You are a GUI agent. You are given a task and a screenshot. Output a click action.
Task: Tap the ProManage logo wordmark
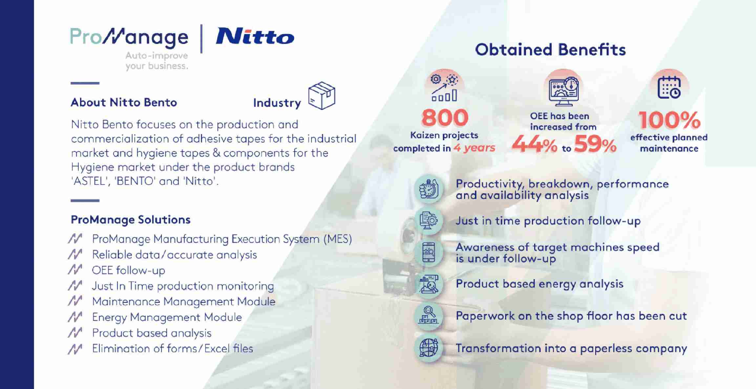tap(129, 37)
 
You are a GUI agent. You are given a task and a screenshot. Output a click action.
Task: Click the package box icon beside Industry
tap(322, 95)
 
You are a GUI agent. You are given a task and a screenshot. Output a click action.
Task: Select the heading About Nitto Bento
tap(124, 102)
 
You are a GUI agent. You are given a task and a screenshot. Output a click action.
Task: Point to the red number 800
tap(445, 117)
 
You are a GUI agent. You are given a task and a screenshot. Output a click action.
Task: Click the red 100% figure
tap(669, 120)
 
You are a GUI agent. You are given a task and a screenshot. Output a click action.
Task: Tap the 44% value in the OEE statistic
tap(535, 145)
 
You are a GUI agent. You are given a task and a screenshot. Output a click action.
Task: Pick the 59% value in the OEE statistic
tap(595, 145)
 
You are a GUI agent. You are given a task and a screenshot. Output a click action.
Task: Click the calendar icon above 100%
tap(669, 87)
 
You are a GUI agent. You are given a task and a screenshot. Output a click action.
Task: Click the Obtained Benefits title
tap(550, 50)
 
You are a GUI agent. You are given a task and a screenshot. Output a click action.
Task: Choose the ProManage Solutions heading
tap(131, 219)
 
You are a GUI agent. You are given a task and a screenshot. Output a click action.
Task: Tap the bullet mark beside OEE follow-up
tap(75, 270)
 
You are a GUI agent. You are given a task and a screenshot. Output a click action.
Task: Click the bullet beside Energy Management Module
tap(75, 317)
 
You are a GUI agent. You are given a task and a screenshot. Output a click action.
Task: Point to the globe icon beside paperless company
tap(429, 348)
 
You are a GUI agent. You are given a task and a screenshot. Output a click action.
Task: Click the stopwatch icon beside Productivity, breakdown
tap(429, 189)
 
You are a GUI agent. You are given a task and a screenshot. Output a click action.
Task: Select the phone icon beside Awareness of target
tap(429, 252)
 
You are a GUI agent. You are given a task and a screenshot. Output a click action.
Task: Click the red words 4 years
tap(474, 148)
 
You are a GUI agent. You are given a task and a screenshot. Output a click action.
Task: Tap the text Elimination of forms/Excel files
tap(173, 348)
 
